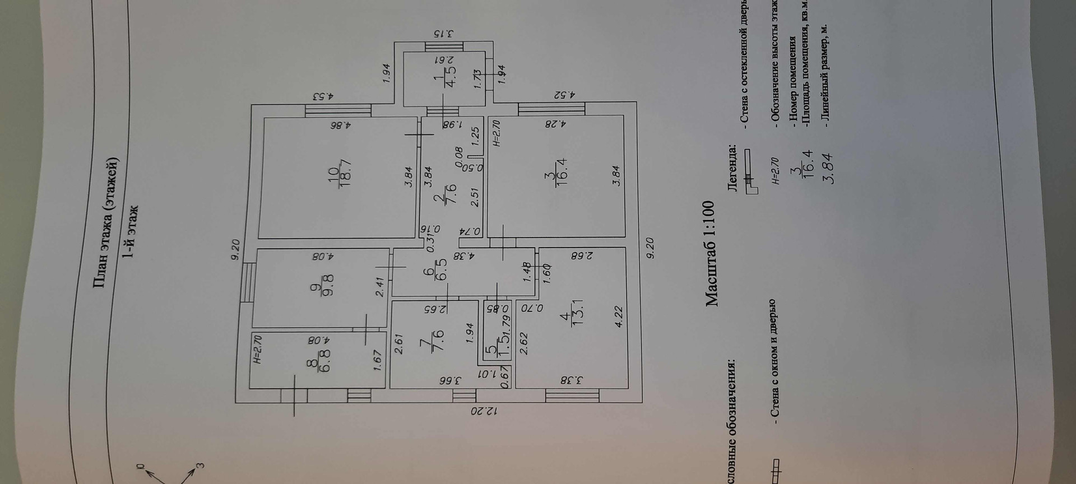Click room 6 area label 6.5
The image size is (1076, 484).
[442, 273]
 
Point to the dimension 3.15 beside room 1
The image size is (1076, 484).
[446, 34]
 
